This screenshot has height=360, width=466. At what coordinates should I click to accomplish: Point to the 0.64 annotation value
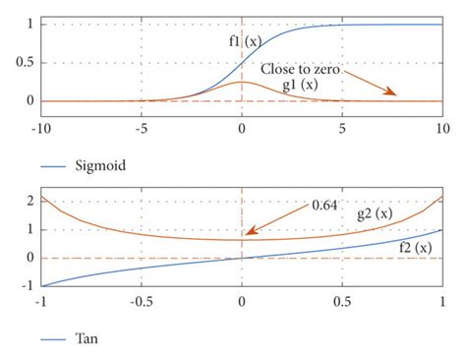325,205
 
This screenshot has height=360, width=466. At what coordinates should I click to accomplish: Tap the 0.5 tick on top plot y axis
24,62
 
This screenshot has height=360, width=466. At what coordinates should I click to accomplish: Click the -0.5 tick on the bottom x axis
141,301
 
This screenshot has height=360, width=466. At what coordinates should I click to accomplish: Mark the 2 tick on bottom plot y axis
29,201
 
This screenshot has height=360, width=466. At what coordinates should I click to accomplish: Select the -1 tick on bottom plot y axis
27,286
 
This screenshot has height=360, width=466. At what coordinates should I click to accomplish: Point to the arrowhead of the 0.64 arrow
249,235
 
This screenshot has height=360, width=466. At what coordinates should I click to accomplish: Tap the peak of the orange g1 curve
241,82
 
